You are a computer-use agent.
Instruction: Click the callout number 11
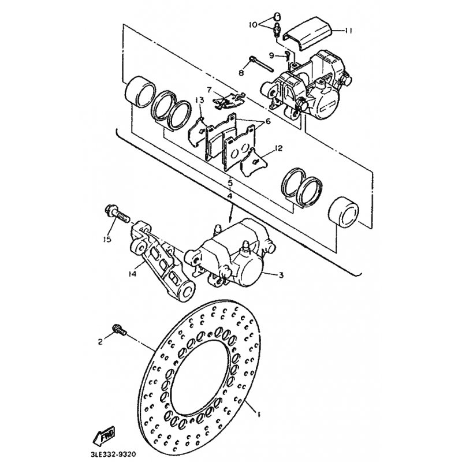[x=349, y=31]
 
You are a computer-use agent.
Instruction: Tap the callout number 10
[x=253, y=25]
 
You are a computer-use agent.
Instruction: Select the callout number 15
[x=107, y=239]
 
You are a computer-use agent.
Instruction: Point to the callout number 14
[x=133, y=274]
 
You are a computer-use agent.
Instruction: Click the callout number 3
[x=281, y=275]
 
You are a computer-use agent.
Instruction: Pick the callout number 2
[x=100, y=341]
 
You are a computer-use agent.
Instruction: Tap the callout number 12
[x=278, y=148]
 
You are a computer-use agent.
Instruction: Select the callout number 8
[x=241, y=73]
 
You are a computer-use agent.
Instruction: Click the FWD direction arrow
[x=104, y=435]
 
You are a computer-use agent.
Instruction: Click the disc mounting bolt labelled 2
[x=120, y=330]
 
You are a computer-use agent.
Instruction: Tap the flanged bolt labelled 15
[x=117, y=215]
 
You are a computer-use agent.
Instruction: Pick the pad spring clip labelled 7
[x=230, y=100]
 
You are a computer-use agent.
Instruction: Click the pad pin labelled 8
[x=262, y=64]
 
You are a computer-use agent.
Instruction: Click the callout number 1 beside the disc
[x=259, y=415]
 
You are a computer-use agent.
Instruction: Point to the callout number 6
[x=267, y=121]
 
